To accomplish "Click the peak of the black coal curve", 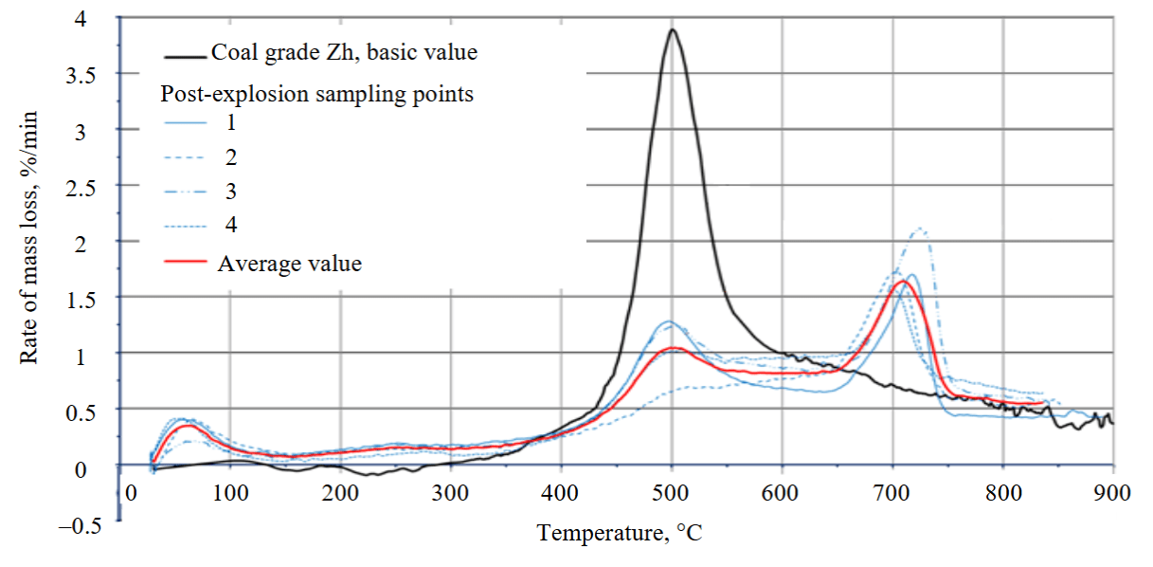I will point(672,29).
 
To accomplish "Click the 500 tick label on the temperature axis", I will point(671,492).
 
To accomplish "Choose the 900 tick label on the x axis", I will point(1112,492).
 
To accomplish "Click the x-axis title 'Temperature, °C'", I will point(621,533).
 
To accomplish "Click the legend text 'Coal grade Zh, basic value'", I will point(344,53).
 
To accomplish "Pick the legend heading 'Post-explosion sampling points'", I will point(317,94).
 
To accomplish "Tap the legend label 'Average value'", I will point(290,263).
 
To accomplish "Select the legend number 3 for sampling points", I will point(231,191).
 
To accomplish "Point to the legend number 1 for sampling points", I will point(231,122).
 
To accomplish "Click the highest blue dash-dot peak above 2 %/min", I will point(918,229).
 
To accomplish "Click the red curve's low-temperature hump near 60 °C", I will point(189,426).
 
